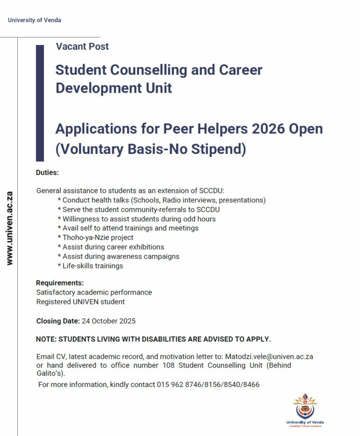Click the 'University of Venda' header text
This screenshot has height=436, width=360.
click(x=34, y=20)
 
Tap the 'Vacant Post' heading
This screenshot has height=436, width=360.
click(x=82, y=46)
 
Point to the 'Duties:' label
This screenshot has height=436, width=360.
click(x=47, y=172)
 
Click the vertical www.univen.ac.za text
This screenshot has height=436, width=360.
click(x=9, y=228)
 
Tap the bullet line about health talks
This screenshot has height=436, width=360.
click(x=161, y=200)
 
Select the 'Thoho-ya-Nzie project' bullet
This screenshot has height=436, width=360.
click(x=95, y=237)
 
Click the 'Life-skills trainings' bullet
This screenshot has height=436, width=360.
click(x=90, y=266)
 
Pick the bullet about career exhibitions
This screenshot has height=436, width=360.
click(x=111, y=247)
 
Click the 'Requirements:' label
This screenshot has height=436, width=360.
click(x=60, y=282)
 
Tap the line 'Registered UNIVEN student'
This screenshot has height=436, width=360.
click(x=81, y=302)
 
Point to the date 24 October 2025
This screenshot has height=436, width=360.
click(x=108, y=321)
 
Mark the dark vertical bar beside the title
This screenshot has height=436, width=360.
click(x=40, y=103)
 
